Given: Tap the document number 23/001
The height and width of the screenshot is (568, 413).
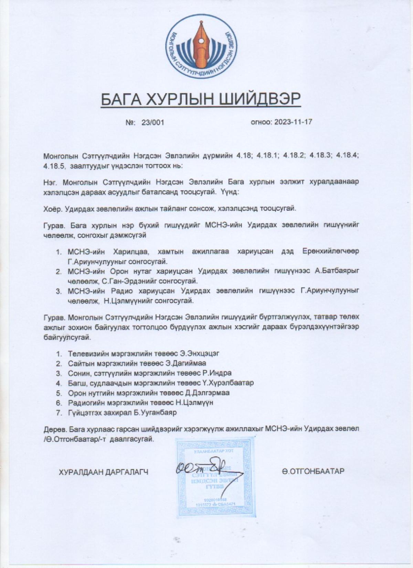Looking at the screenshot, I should (153, 122).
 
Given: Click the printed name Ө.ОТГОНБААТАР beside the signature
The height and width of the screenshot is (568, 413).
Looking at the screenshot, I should (313, 471).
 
